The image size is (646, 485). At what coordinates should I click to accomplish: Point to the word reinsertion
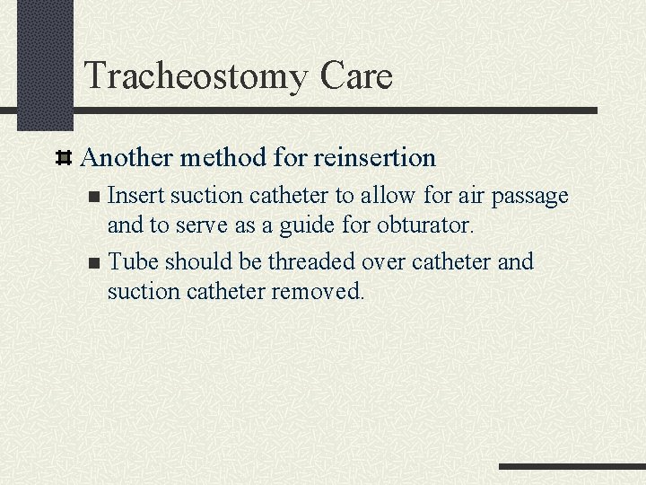[x=375, y=158]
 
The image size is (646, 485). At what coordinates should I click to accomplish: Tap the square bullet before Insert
[x=96, y=197]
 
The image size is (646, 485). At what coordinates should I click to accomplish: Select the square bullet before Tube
[x=96, y=263]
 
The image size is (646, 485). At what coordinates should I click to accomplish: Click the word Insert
[x=135, y=196]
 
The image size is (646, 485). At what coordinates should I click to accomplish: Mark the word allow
[x=386, y=196]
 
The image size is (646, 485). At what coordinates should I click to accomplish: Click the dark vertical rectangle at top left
[x=44, y=65]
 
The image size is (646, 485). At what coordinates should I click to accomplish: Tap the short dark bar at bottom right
[x=572, y=467]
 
